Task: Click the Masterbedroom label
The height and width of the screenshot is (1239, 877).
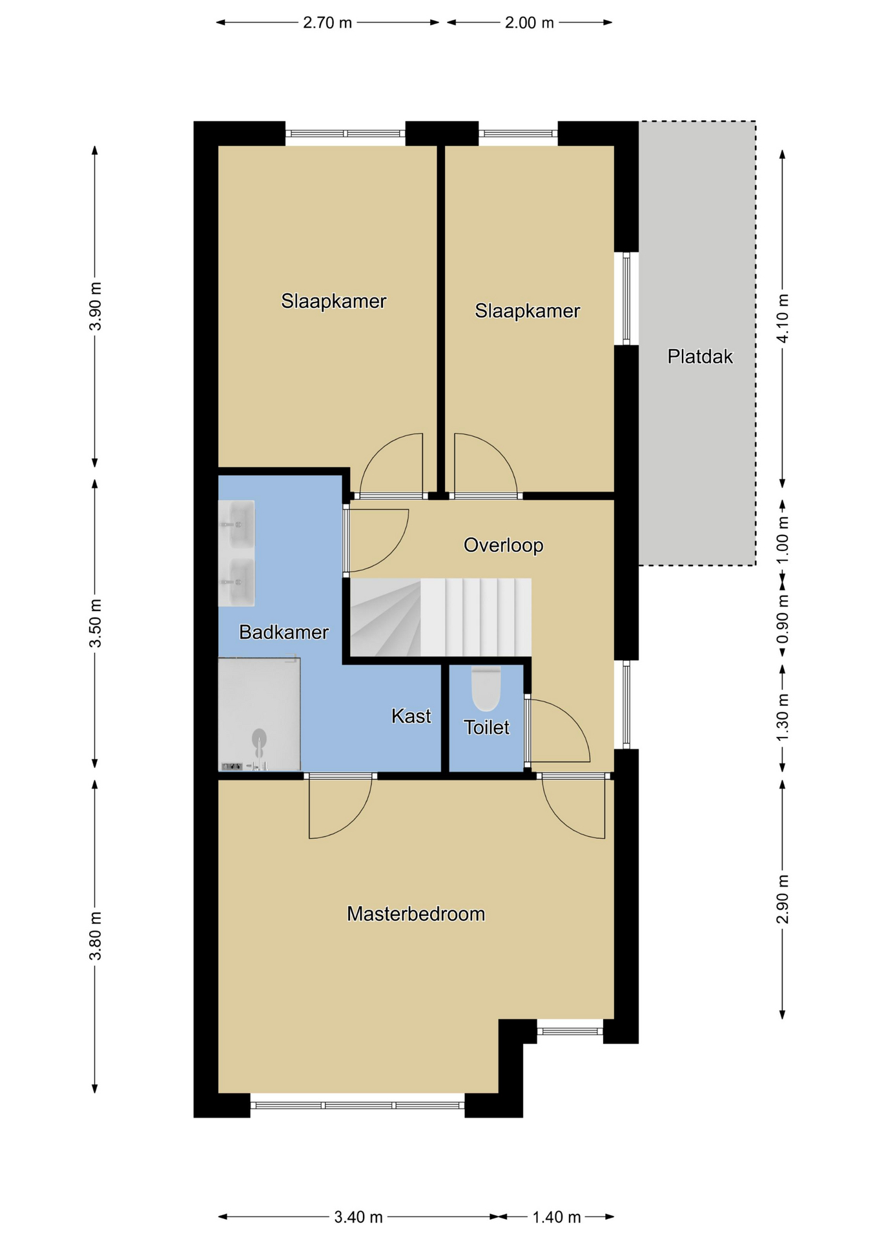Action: pyautogui.click(x=416, y=914)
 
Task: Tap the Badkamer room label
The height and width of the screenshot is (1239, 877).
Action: pyautogui.click(x=284, y=632)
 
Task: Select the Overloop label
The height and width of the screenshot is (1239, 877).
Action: pyautogui.click(x=504, y=545)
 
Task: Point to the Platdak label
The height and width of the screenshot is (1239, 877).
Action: pyautogui.click(x=700, y=356)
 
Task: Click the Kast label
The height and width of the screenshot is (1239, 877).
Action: pyautogui.click(x=411, y=716)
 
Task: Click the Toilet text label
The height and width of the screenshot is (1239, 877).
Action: pyautogui.click(x=487, y=727)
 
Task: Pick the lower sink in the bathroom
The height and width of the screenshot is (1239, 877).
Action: pyautogui.click(x=236, y=582)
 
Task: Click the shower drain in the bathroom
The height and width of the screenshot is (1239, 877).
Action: pyautogui.click(x=259, y=737)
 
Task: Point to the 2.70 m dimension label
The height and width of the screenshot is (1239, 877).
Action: pyautogui.click(x=327, y=23)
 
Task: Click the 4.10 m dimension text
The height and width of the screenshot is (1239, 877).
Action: pyautogui.click(x=783, y=319)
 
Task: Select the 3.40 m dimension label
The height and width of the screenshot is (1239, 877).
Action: pyautogui.click(x=358, y=1217)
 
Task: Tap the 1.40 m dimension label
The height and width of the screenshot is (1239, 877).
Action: pyautogui.click(x=557, y=1217)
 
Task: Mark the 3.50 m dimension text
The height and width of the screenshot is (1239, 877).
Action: pyautogui.click(x=96, y=623)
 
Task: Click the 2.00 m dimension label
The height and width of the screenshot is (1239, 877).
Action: pyautogui.click(x=530, y=23)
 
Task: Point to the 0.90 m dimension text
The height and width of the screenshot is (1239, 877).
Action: pyautogui.click(x=783, y=619)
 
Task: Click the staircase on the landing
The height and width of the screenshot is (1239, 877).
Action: pyautogui.click(x=440, y=618)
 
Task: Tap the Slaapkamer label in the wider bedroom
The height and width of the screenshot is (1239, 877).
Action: pyautogui.click(x=334, y=301)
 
